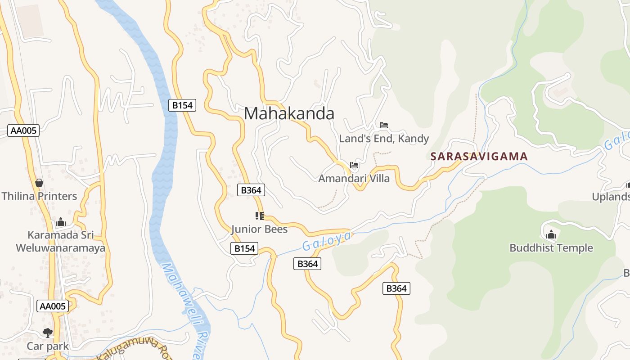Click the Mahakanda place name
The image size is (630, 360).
(x=289, y=113)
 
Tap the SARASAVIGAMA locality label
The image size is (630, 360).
(x=479, y=157)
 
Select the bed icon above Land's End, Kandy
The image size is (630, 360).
(x=384, y=125)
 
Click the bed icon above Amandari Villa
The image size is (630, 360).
(x=354, y=165)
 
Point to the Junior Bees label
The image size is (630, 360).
(x=259, y=229)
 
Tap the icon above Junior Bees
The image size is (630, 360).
(x=259, y=216)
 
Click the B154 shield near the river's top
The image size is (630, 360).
(x=182, y=105)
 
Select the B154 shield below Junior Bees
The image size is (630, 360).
(x=244, y=248)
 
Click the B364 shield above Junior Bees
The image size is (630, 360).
(x=251, y=190)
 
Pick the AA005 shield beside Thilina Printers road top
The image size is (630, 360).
(x=24, y=130)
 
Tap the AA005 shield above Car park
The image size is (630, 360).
(x=53, y=306)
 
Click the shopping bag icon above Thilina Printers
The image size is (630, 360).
(x=39, y=183)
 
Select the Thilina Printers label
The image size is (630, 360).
(x=39, y=196)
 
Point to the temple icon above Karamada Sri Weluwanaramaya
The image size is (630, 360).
(x=61, y=222)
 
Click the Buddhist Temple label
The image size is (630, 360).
(x=551, y=248)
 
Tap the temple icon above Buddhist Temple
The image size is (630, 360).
(x=551, y=234)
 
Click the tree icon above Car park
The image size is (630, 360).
(x=48, y=333)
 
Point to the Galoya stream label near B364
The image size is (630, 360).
(x=326, y=241)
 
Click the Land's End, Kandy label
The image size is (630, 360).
(x=384, y=139)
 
